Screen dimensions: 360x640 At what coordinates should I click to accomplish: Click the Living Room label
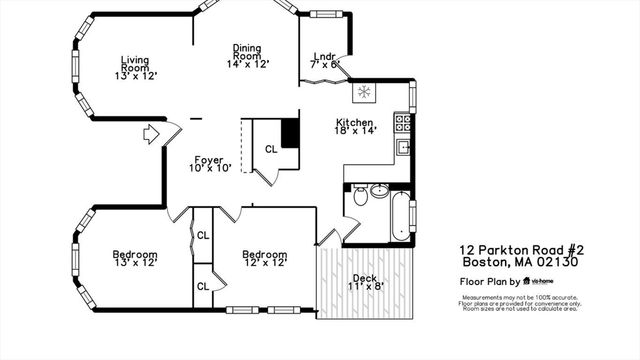[x=135, y=66]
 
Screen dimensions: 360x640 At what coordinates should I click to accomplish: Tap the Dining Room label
[x=248, y=54]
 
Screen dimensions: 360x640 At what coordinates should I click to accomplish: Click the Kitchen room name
[x=355, y=124]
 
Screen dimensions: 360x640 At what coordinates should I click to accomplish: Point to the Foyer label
[x=209, y=162]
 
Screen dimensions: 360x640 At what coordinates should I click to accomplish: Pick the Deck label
[x=365, y=284]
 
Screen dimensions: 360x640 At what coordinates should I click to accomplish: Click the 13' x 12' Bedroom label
[x=135, y=260]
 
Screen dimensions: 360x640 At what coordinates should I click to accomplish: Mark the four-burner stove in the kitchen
[x=403, y=123]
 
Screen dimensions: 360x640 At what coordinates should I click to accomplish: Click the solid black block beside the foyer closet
[x=290, y=133]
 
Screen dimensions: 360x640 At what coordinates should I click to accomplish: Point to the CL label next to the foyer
[x=270, y=149]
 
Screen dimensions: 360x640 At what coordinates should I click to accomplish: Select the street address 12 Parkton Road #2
[x=519, y=250]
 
